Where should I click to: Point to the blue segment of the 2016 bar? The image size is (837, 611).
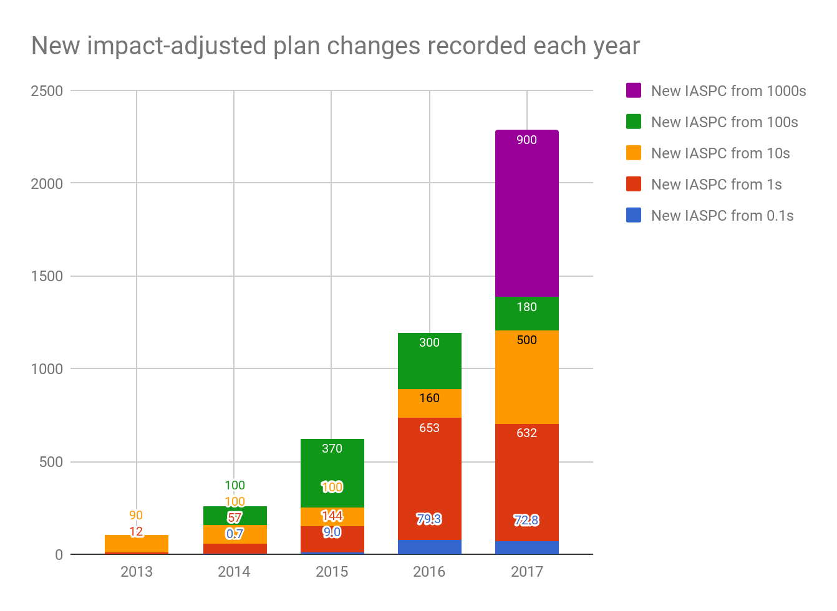click(429, 547)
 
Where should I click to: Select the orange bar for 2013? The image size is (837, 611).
click(136, 544)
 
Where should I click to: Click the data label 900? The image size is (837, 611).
click(526, 140)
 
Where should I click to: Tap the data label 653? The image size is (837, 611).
click(429, 428)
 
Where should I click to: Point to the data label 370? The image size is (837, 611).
click(332, 448)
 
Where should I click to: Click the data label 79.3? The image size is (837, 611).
click(429, 519)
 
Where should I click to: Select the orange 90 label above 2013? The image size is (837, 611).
click(136, 515)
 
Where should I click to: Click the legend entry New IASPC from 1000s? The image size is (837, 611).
click(728, 91)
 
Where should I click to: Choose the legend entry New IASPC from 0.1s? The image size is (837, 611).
click(722, 216)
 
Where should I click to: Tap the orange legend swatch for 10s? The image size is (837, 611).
click(634, 153)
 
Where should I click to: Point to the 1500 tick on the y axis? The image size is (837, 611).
click(47, 276)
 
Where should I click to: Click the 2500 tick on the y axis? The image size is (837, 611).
click(47, 91)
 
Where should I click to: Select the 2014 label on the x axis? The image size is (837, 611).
click(234, 572)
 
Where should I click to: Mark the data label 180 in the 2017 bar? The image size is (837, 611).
click(526, 307)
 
